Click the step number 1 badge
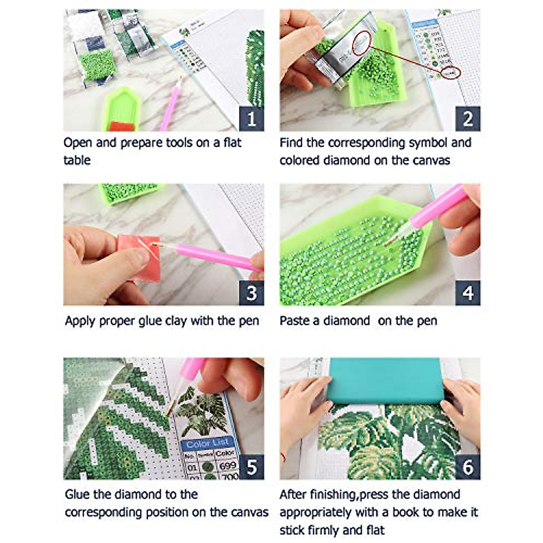(x=251, y=119)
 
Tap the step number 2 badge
(x=467, y=119)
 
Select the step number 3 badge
(x=251, y=293)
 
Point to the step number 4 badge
(x=467, y=293)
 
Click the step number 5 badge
(x=251, y=467)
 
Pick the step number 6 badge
(x=467, y=467)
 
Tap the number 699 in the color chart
(x=227, y=466)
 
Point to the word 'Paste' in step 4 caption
(x=294, y=321)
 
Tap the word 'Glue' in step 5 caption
(x=77, y=494)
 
